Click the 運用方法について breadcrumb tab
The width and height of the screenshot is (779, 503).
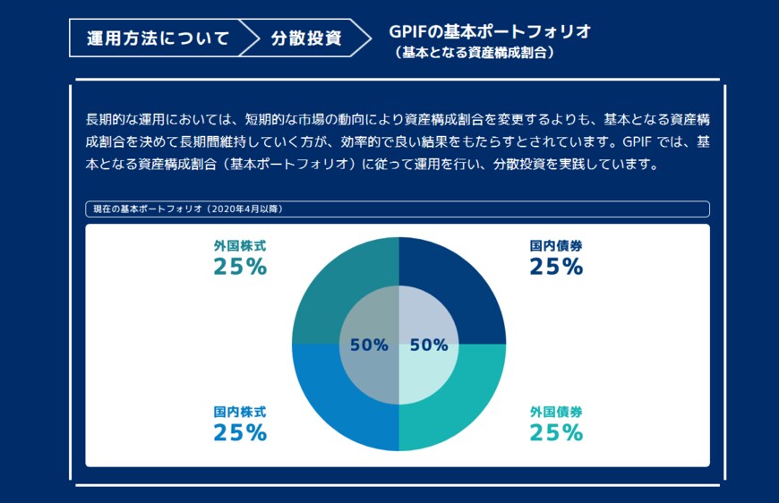coord(158,38)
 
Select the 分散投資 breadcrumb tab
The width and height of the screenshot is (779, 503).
coord(304,38)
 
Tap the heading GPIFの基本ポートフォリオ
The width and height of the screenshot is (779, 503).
coord(490,31)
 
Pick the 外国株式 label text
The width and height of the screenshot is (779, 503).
coord(239,245)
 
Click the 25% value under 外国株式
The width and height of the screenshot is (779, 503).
coord(240,267)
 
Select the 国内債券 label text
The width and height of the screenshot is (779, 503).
coord(556,245)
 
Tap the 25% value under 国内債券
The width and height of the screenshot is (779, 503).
coord(556,267)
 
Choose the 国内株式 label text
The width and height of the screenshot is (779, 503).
coord(239,412)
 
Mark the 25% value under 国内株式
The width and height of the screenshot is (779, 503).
coord(240,433)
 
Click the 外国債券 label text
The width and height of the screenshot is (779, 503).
coord(556,412)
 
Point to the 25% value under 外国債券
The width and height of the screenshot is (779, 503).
coord(556,433)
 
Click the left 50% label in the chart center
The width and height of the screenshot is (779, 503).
coord(369,345)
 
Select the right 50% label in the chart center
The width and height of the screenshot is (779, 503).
coord(429,345)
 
